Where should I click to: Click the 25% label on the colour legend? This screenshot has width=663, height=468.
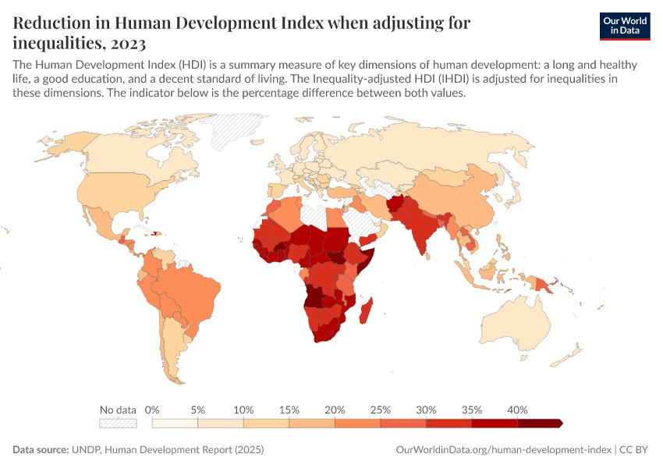[380, 409]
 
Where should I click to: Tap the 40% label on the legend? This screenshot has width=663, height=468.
[517, 409]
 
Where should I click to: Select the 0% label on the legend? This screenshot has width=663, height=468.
[153, 409]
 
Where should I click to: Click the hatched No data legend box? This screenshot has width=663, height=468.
[118, 423]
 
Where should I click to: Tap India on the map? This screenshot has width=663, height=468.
[424, 230]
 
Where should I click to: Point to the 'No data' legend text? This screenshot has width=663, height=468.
[118, 409]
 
